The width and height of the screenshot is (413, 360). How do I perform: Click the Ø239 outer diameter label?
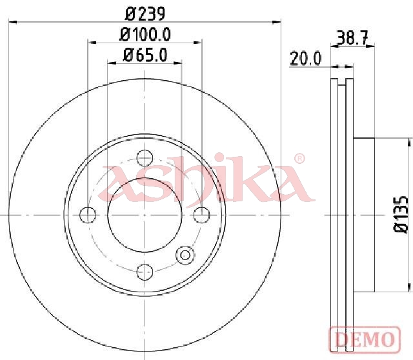(145, 14)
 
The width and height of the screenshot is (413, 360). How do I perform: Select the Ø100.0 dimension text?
(145, 34)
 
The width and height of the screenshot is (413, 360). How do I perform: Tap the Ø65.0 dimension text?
(145, 55)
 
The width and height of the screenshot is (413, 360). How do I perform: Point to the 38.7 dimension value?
(352, 38)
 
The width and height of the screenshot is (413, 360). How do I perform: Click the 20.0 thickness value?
(305, 59)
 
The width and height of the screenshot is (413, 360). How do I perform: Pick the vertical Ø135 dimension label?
(401, 214)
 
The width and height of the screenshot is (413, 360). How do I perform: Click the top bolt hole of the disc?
(145, 158)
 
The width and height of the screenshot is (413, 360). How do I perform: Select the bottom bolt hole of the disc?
(145, 272)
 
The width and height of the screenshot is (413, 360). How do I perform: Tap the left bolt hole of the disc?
(88, 215)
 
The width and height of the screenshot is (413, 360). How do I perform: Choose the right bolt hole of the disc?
(202, 215)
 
